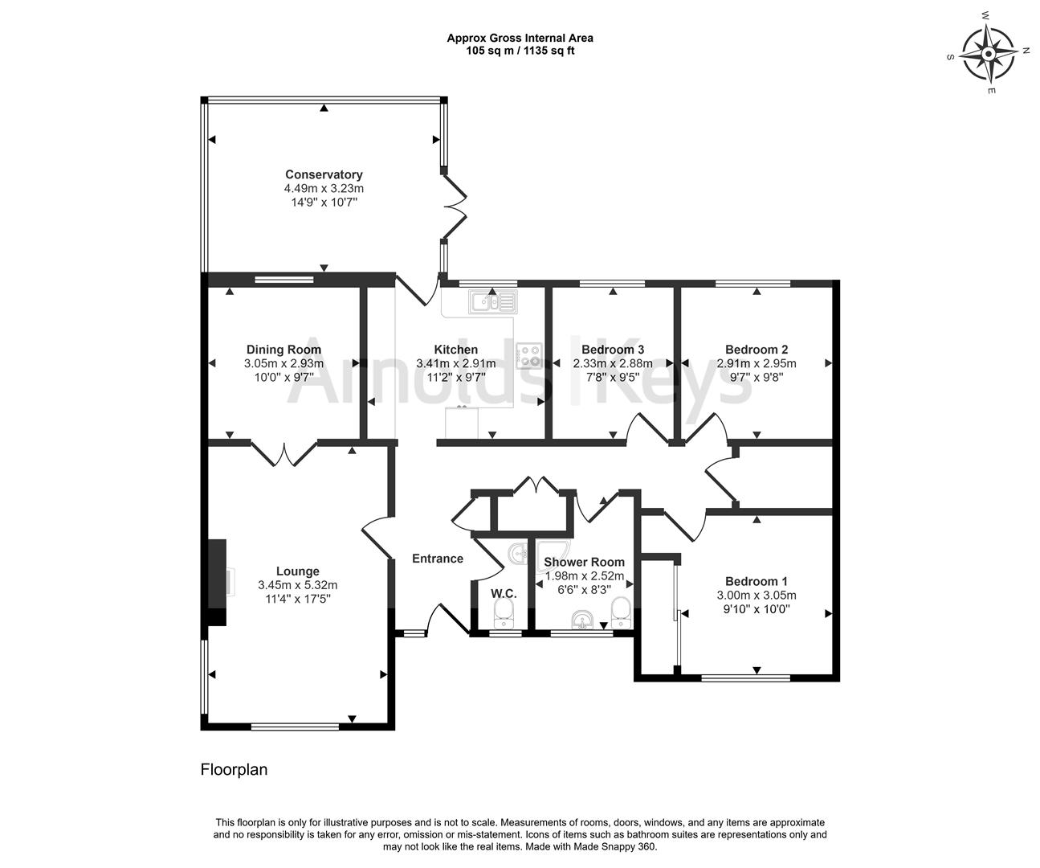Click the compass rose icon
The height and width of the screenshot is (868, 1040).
pyautogui.click(x=989, y=54)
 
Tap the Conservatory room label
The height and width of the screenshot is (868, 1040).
pyautogui.click(x=324, y=174)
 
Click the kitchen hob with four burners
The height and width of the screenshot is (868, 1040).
pyautogui.click(x=529, y=355)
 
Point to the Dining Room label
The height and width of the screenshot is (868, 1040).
pyautogui.click(x=283, y=350)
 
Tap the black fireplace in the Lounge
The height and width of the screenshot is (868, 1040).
pyautogui.click(x=217, y=582)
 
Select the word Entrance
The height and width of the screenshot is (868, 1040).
pyautogui.click(x=438, y=559)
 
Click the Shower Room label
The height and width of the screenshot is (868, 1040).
pyautogui.click(x=584, y=562)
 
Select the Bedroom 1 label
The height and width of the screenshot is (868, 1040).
pyautogui.click(x=756, y=581)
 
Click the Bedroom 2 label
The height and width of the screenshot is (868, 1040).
pyautogui.click(x=756, y=350)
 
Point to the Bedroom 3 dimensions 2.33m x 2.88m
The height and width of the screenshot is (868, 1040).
pyautogui.click(x=612, y=363)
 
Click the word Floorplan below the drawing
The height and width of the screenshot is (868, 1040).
pyautogui.click(x=234, y=770)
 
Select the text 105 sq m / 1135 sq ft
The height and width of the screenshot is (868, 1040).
pyautogui.click(x=520, y=51)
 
